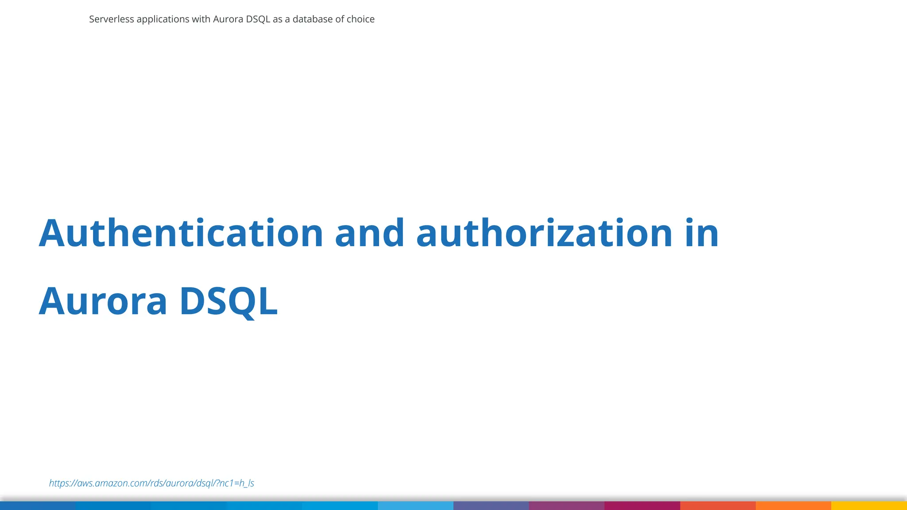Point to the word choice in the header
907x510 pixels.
tap(360, 19)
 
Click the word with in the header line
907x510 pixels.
tap(201, 19)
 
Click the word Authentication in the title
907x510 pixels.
tap(181, 233)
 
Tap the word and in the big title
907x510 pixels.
tap(370, 233)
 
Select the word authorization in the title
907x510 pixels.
tap(545, 233)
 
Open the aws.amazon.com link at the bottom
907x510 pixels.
tap(151, 483)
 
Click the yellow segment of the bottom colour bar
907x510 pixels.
tap(869, 506)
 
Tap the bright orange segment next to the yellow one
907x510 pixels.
tap(793, 506)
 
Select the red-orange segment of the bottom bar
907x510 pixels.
tap(718, 506)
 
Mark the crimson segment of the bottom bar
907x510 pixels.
tap(642, 506)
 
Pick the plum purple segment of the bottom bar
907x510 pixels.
tap(566, 506)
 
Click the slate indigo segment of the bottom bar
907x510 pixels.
tap(491, 506)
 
